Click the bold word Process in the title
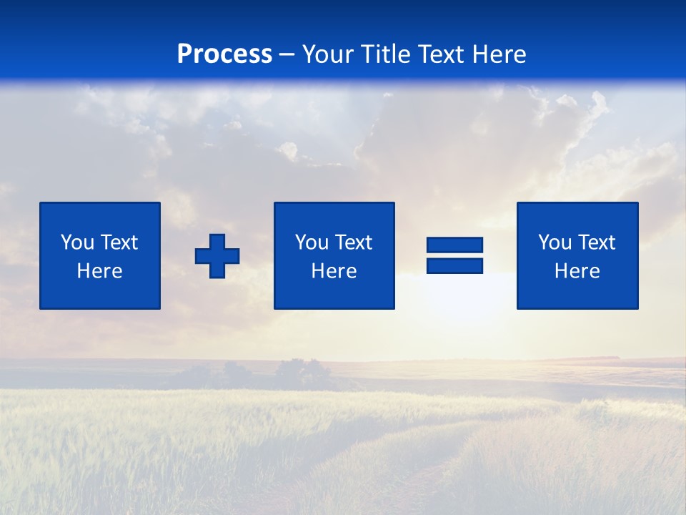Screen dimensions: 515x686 coord(224,54)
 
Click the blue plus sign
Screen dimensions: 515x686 coord(217,255)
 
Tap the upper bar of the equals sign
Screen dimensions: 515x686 coord(454,245)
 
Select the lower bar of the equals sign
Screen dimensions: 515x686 coord(454,265)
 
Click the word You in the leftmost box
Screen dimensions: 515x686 coord(76,242)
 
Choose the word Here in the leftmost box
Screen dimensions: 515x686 coord(99,271)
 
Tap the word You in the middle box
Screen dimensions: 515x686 coord(311,242)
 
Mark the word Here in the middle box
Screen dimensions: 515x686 coord(334,271)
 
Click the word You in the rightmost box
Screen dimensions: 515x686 coord(554,242)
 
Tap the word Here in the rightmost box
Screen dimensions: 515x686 coord(577,271)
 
